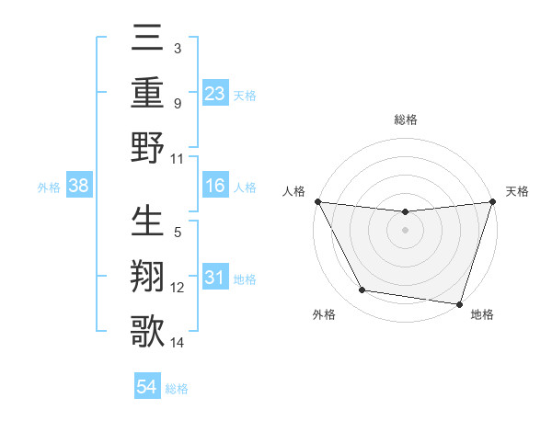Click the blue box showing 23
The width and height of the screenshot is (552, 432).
pyautogui.click(x=214, y=93)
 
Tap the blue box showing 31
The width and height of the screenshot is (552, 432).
pyautogui.click(x=214, y=278)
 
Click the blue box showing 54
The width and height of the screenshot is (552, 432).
pyautogui.click(x=147, y=387)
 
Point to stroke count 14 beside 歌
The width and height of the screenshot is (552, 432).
pyautogui.click(x=178, y=344)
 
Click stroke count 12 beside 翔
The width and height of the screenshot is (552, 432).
pyautogui.click(x=178, y=288)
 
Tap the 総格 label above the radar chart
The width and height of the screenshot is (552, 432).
pyautogui.click(x=405, y=119)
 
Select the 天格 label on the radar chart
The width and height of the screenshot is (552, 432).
pyautogui.click(x=517, y=191)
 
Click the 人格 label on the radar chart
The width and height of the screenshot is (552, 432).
pyautogui.click(x=294, y=191)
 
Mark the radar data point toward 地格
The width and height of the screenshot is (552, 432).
pyautogui.click(x=459, y=303)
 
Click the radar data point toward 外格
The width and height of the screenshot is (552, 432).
pyautogui.click(x=362, y=290)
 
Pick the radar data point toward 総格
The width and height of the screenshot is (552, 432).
pyautogui.click(x=405, y=212)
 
